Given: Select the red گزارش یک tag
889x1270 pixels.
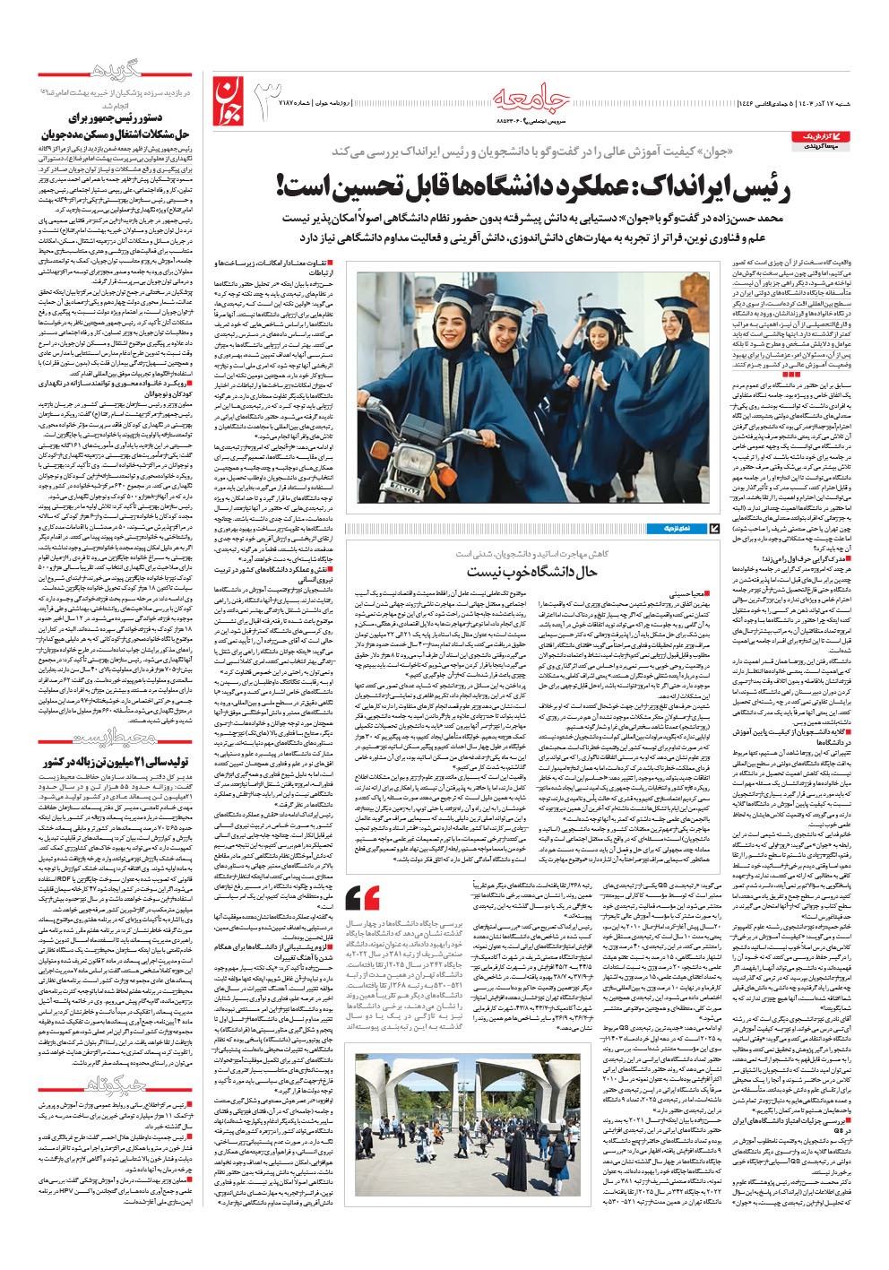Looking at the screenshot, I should [814, 135].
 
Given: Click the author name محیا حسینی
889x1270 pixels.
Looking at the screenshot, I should [695, 594].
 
